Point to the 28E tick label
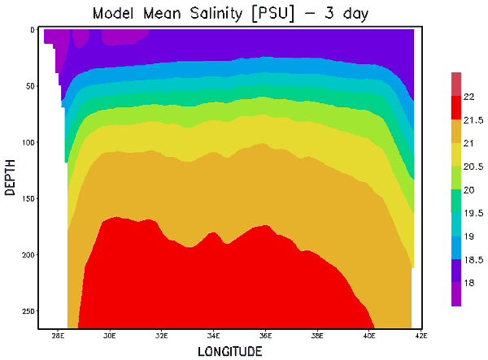58,336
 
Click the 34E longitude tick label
214,336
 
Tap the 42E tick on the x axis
421,336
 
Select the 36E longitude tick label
266,336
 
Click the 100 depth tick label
28,142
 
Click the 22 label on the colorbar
468,97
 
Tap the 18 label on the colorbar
468,284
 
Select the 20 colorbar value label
468,190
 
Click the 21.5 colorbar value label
471,120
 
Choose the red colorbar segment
456,107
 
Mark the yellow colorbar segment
456,154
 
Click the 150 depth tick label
28,198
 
